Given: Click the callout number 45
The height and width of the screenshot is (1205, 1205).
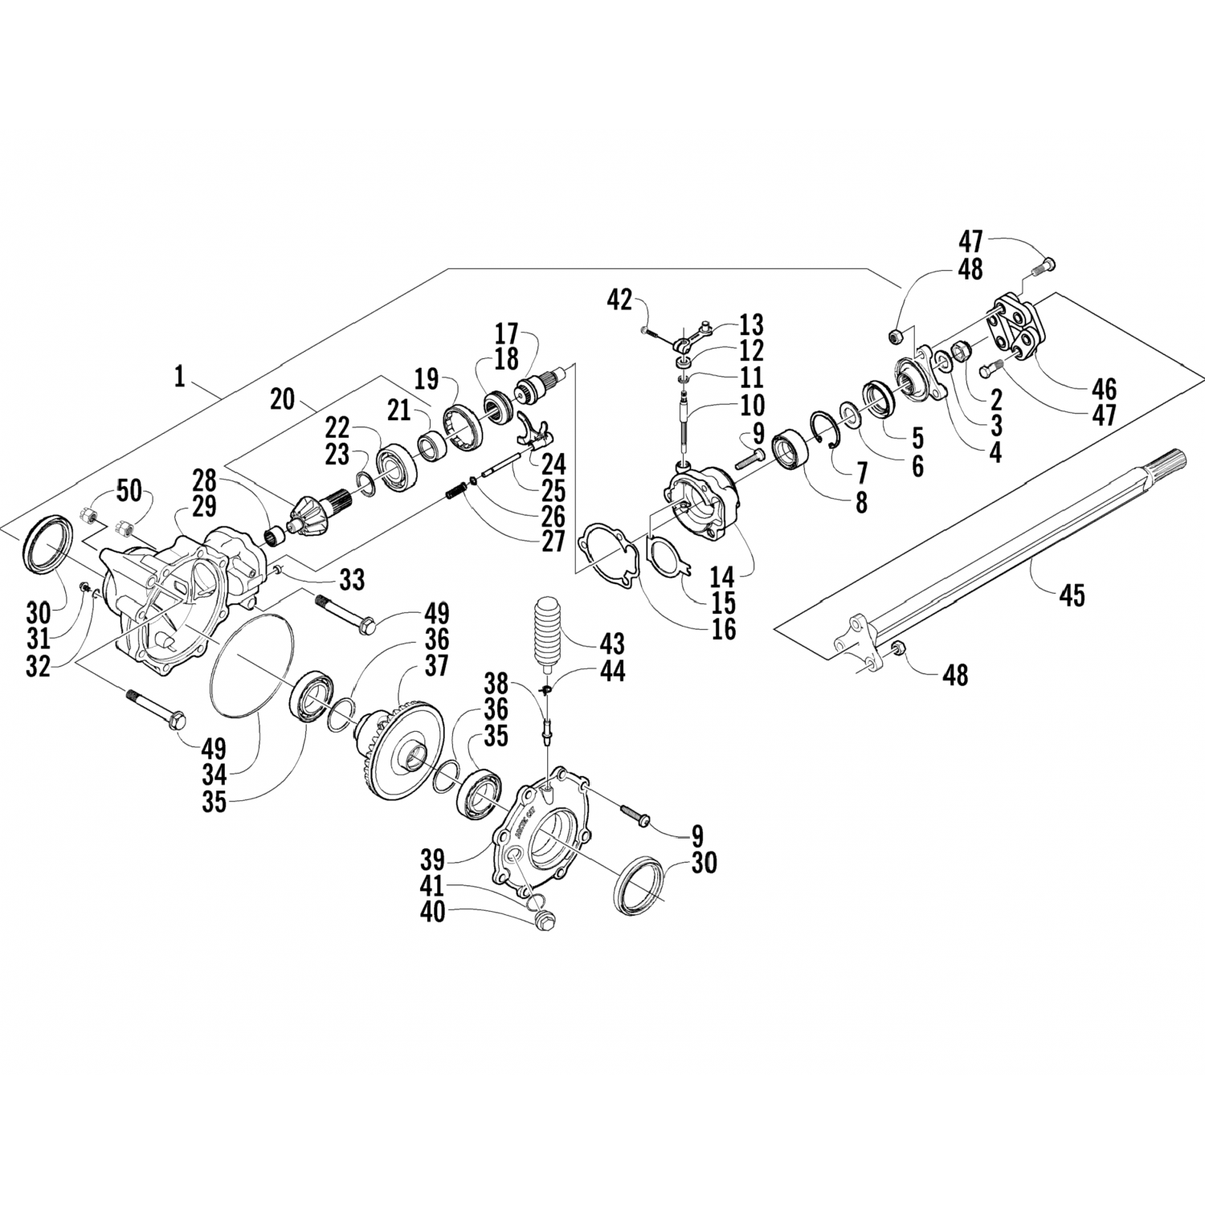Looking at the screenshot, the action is click(x=1072, y=596).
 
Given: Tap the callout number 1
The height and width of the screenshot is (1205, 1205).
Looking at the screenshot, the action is click(x=179, y=376).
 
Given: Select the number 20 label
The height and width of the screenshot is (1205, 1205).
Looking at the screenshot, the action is click(x=283, y=399).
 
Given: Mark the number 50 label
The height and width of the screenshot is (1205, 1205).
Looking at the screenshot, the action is click(x=129, y=489).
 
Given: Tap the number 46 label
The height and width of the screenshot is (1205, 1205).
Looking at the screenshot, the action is click(x=1105, y=389).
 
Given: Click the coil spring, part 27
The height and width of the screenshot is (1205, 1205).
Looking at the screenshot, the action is click(x=456, y=488).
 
